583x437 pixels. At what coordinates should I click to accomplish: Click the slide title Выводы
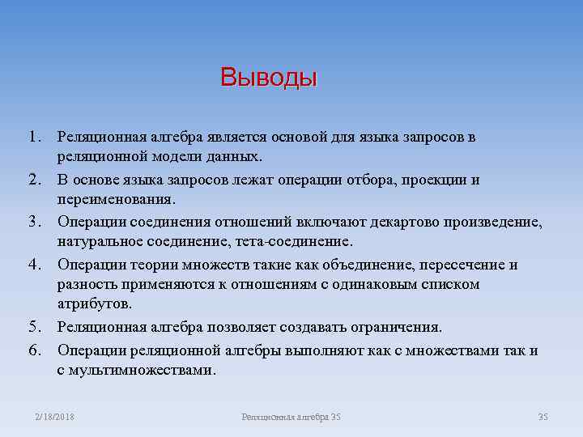(x=269, y=78)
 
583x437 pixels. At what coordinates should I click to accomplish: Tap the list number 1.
(x=34, y=137)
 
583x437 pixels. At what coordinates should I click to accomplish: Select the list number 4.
(x=34, y=265)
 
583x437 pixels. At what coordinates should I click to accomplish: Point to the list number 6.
(x=34, y=350)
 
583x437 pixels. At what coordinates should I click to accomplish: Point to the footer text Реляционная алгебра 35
(x=291, y=417)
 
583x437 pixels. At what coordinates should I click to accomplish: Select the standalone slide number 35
(x=543, y=417)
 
